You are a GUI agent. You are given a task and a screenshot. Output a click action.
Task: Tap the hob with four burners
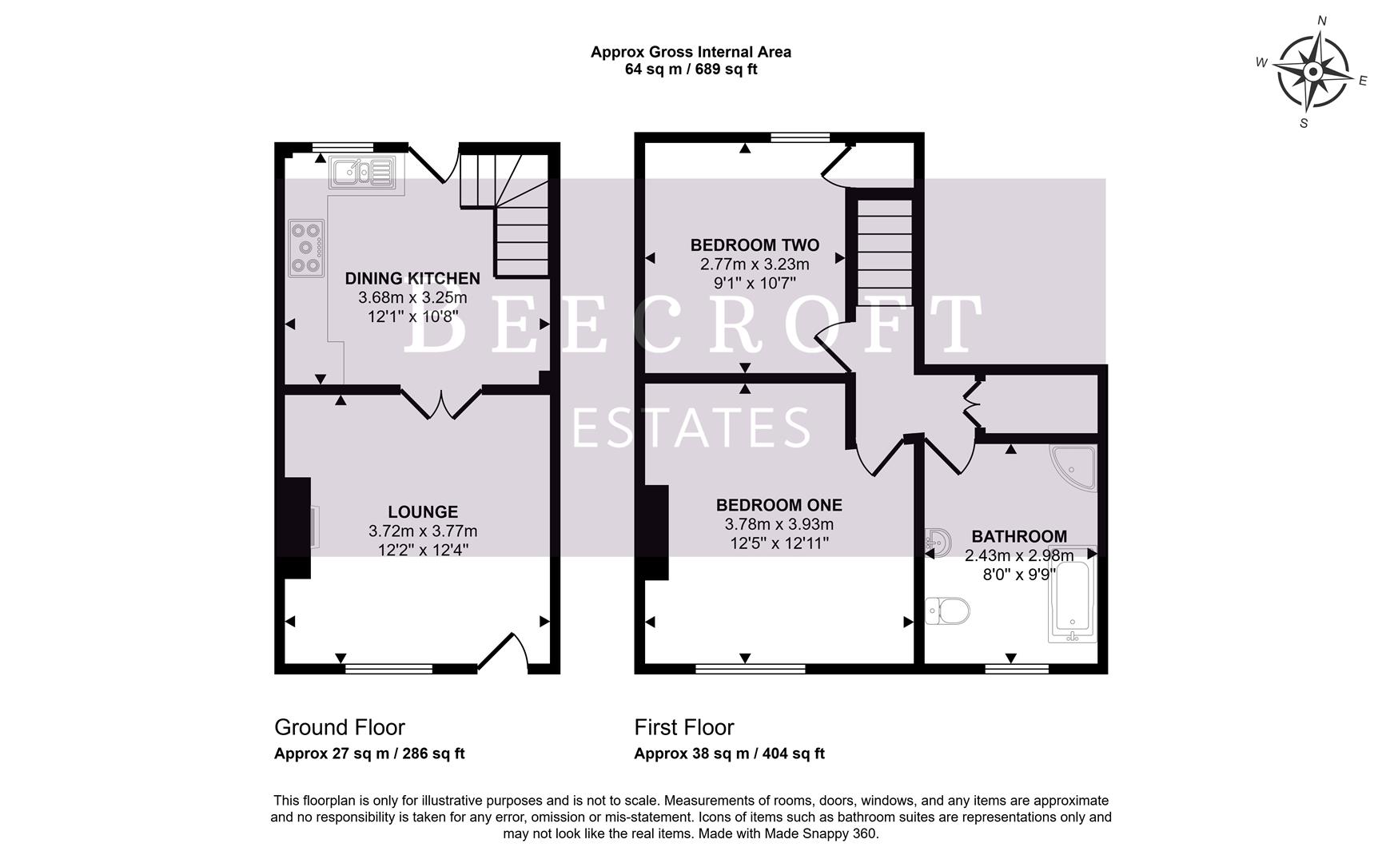coord(306,248)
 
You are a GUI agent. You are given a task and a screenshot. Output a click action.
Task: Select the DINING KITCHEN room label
coord(412,279)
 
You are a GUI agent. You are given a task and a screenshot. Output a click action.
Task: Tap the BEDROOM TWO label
coord(755,245)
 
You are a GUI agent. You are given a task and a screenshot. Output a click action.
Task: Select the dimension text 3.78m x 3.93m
coord(779,525)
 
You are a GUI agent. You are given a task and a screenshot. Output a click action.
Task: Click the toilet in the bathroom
coord(948,611)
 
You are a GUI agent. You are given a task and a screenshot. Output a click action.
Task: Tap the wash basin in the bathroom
coord(938,542)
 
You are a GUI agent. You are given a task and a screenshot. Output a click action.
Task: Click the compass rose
coord(1312,73)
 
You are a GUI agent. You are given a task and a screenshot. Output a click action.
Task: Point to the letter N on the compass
coord(1322,22)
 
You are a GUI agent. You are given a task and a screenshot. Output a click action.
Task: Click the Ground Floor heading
coord(339,727)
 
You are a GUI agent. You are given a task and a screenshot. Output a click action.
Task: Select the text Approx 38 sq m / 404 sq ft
coord(729,754)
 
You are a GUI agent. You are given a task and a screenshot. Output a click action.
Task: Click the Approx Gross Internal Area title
coord(691,52)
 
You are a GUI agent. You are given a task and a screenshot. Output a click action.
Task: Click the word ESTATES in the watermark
coord(691,428)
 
